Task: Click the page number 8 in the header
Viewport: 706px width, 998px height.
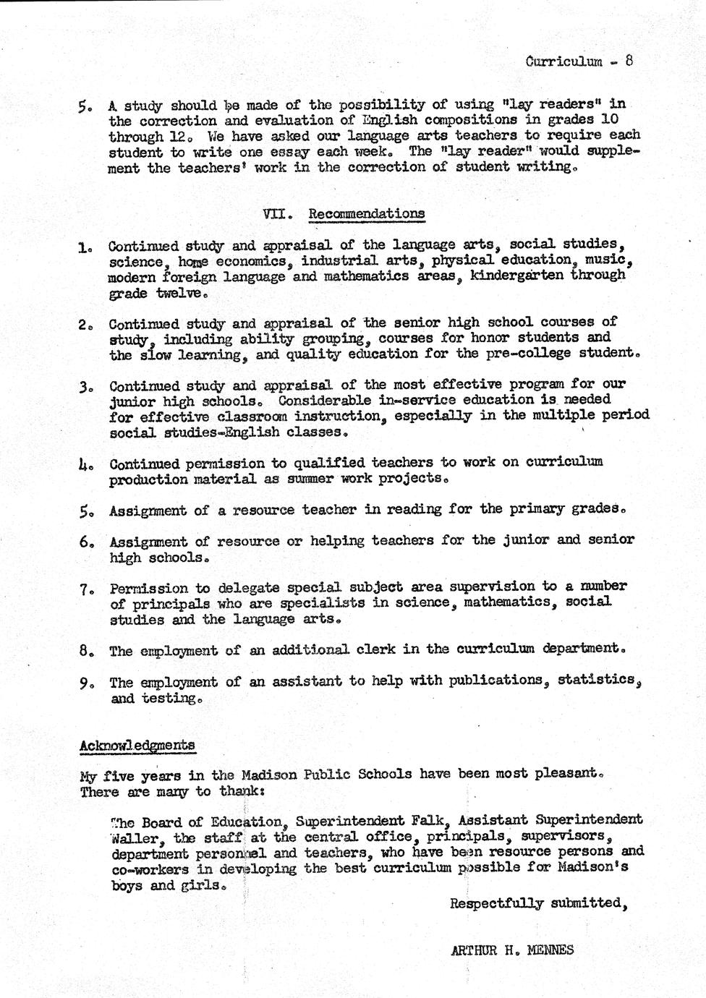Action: tap(629, 61)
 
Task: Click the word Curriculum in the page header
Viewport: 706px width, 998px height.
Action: tap(563, 61)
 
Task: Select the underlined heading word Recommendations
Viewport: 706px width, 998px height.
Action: tap(366, 214)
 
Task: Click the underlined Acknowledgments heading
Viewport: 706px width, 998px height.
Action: tap(137, 745)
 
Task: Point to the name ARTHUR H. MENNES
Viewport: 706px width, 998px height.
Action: tap(511, 950)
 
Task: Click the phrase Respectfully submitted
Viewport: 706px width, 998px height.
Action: tap(537, 903)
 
